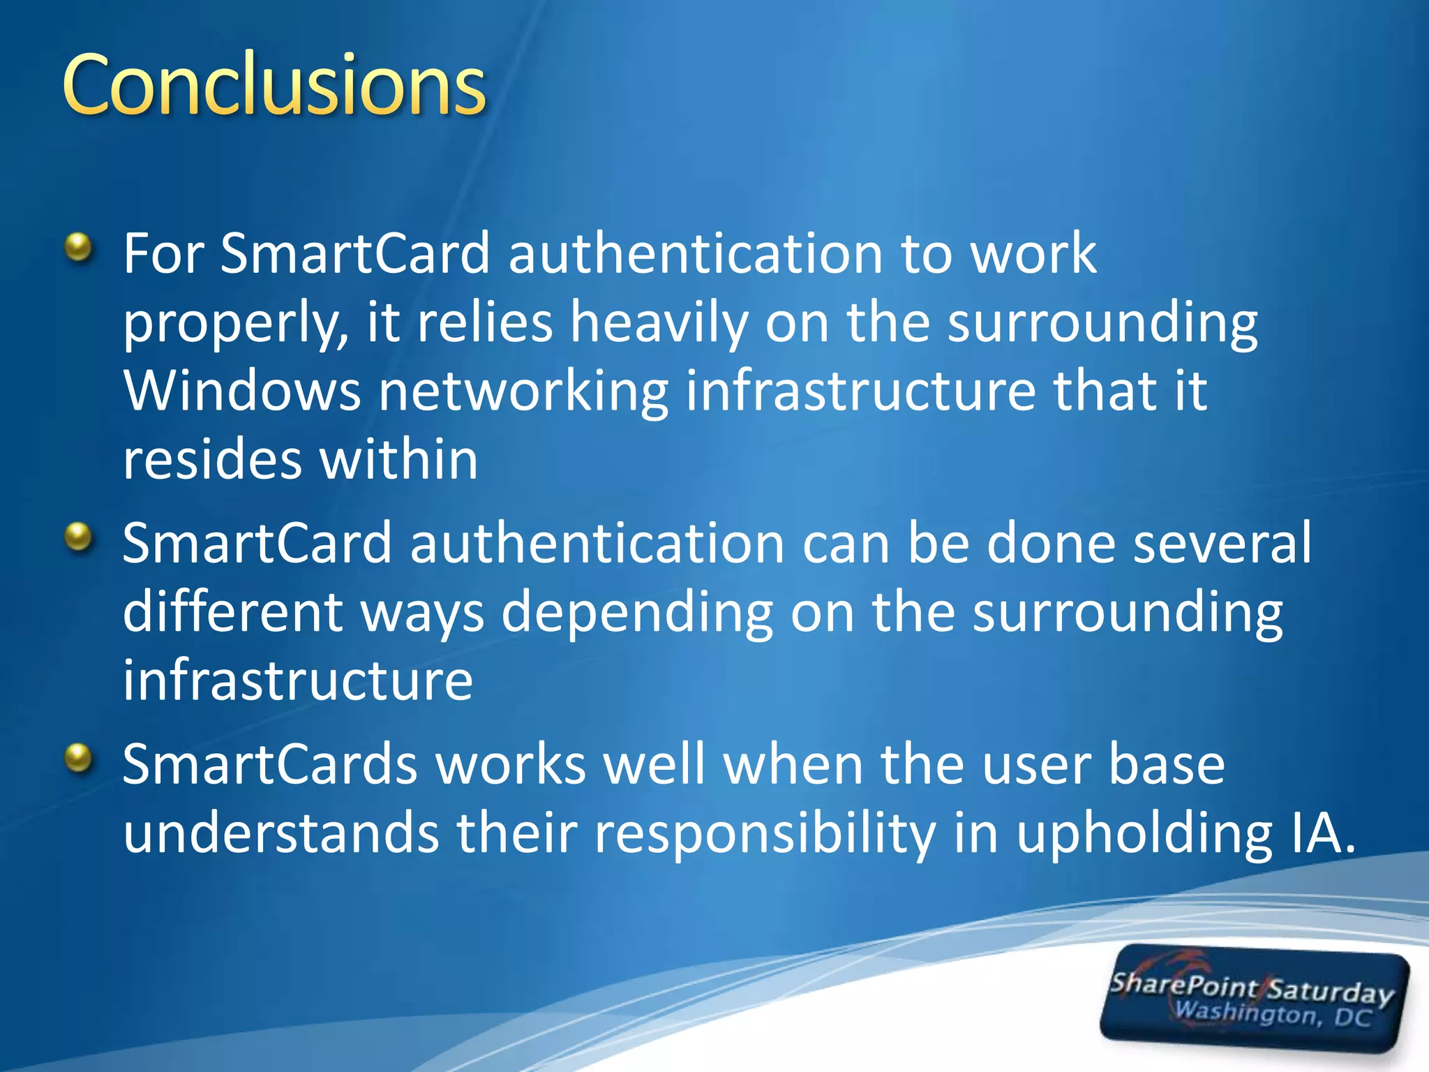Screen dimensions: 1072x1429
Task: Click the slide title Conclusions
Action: coord(274,85)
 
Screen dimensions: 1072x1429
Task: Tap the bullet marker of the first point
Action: coord(79,247)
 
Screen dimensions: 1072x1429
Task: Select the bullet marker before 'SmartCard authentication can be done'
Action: coord(79,537)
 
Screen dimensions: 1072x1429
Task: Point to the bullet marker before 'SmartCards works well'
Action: coord(79,758)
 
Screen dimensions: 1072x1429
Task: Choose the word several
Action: coord(1222,543)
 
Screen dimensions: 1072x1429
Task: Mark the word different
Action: coord(232,611)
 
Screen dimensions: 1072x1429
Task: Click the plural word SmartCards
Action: coord(270,764)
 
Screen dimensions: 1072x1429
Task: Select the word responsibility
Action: coord(765,833)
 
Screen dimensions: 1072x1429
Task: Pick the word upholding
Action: coord(1144,833)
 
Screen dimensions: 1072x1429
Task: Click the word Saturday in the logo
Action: coord(1329,991)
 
